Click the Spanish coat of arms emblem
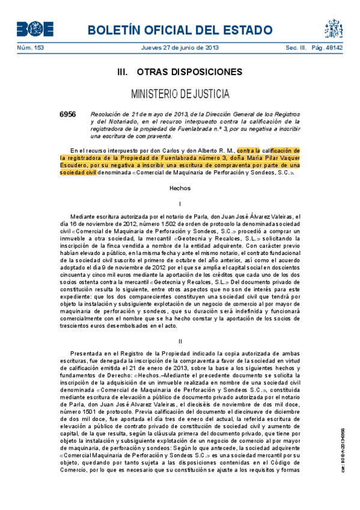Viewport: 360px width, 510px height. coord(334,28)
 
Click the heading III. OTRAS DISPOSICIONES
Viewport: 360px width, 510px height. coord(180,72)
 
